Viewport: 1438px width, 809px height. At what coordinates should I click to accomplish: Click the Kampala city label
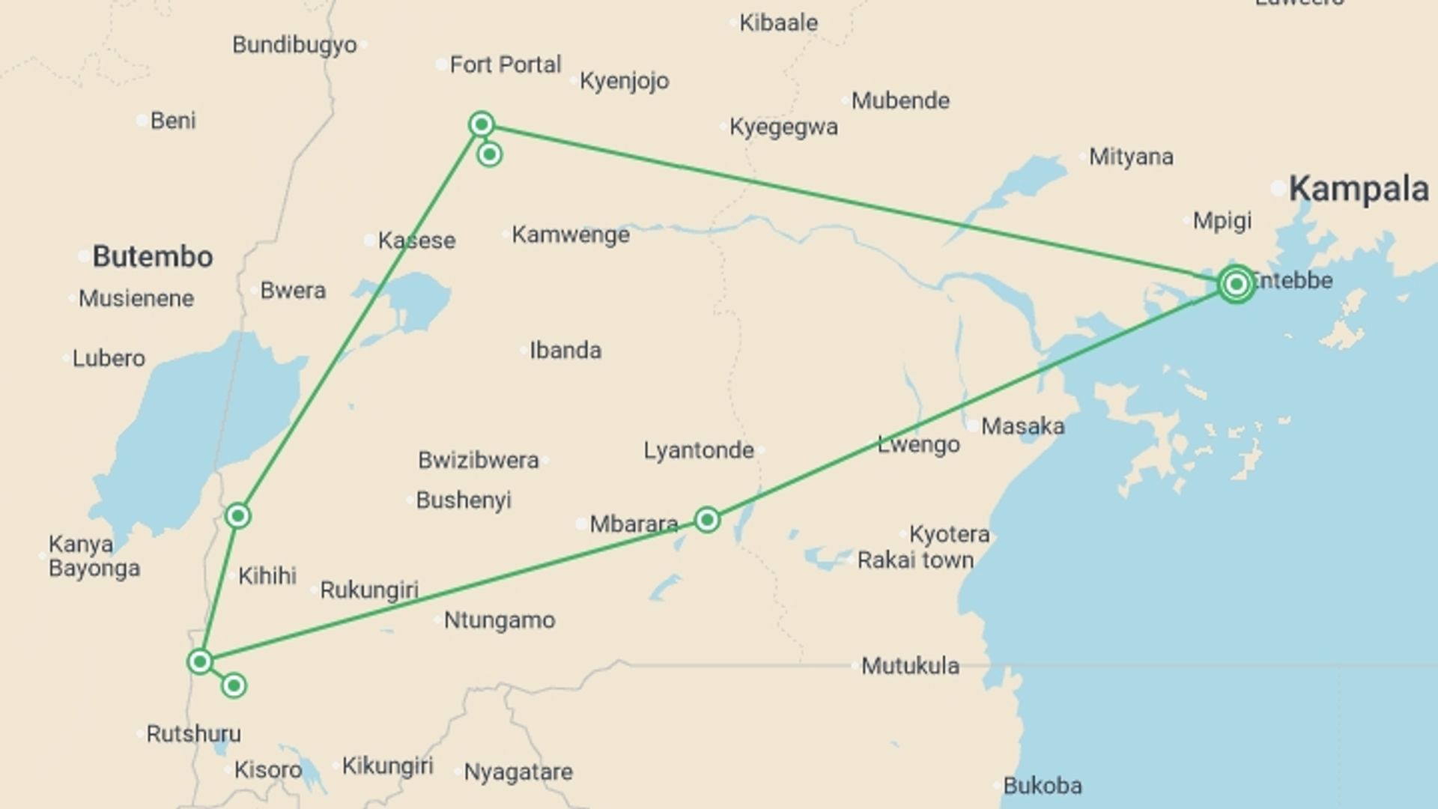[1358, 189]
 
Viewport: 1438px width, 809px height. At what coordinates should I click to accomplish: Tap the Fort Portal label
[505, 65]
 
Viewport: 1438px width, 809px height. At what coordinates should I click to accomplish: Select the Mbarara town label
[634, 524]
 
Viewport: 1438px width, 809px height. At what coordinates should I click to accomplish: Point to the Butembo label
[153, 257]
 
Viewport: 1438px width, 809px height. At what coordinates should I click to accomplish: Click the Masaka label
[1022, 426]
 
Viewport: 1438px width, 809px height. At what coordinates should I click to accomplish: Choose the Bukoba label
[1042, 786]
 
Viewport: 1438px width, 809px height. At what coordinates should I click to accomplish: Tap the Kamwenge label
[571, 235]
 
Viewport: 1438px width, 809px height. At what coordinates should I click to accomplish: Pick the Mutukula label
[910, 665]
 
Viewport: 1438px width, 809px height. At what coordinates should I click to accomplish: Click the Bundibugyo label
[294, 45]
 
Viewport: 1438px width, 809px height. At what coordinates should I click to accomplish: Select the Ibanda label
[565, 351]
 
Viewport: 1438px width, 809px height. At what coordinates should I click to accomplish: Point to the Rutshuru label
[193, 733]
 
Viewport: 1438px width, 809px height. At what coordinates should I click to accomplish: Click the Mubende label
[900, 100]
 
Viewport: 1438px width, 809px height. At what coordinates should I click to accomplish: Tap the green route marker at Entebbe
[1236, 284]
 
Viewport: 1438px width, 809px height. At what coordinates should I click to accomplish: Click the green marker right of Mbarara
[707, 520]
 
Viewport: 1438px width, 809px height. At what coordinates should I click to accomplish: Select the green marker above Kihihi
[238, 515]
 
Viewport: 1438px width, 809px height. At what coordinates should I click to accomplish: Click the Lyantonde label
[698, 450]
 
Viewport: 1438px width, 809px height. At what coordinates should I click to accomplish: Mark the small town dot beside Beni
[142, 121]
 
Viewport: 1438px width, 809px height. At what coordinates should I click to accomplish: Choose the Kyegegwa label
[783, 127]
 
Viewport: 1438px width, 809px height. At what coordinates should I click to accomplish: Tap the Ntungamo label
[500, 620]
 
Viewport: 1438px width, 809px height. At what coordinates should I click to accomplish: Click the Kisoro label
[267, 769]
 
